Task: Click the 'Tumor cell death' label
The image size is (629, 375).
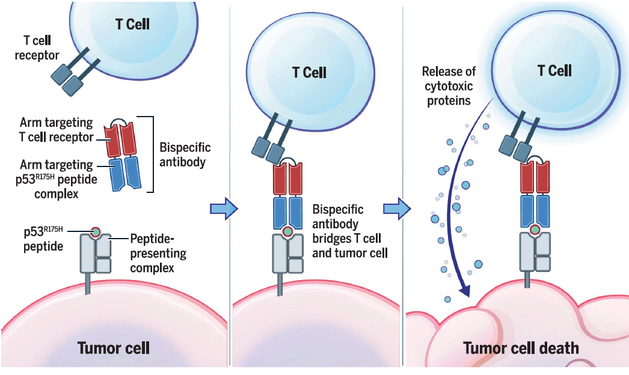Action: [x=521, y=347]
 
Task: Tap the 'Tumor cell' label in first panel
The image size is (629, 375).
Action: [x=113, y=347]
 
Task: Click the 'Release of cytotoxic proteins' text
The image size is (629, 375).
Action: [x=449, y=87]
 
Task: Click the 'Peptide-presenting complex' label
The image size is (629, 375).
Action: [x=158, y=253]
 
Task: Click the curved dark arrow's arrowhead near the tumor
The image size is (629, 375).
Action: [x=464, y=291]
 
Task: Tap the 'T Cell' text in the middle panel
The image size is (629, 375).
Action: [x=309, y=73]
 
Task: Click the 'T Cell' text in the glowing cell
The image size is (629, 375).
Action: [x=554, y=70]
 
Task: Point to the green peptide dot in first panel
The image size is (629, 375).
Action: [x=95, y=231]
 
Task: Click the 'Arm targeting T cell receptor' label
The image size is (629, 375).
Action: [x=56, y=130]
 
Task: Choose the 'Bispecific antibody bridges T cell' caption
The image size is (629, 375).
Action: [x=346, y=231]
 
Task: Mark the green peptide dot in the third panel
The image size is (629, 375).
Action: [x=535, y=229]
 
